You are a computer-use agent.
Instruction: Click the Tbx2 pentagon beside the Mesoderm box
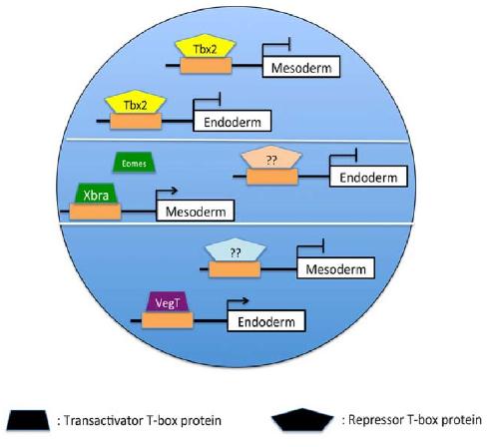pos(206,46)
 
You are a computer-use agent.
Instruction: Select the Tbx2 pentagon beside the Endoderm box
pos(136,102)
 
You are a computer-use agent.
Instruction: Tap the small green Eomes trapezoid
pos(134,163)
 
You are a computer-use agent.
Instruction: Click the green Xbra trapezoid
pos(96,194)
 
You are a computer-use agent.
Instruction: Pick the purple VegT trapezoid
pos(168,302)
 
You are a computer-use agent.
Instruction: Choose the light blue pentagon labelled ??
pos(236,249)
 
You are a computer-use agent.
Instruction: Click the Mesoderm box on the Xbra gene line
pos(196,211)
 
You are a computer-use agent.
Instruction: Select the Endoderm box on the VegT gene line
pos(266,321)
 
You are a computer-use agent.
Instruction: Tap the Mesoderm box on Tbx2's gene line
pos(301,67)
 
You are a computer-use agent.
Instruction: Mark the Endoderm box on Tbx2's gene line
pos(233,121)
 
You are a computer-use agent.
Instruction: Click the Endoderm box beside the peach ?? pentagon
pos(368,177)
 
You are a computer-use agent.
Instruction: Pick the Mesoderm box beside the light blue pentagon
pos(336,267)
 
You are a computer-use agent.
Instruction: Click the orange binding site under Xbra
pos(95,212)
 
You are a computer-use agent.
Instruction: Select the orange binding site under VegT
pos(168,320)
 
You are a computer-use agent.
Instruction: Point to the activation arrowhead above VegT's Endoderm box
pos(245,301)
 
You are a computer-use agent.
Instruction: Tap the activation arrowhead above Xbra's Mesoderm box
pos(174,191)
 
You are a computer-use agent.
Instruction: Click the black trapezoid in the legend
pos(28,420)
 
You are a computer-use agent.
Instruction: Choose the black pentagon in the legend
pos(302,420)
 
